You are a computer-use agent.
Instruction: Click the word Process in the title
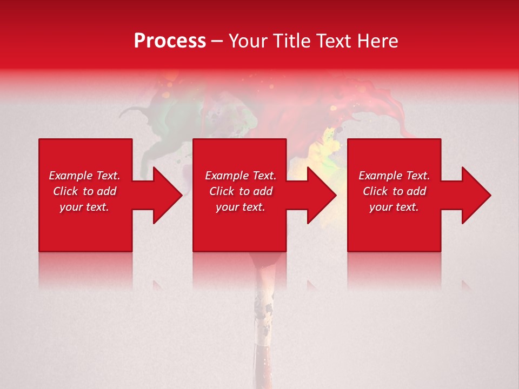(x=170, y=41)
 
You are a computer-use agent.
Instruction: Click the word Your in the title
(x=248, y=41)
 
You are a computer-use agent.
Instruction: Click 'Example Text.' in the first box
(x=84, y=176)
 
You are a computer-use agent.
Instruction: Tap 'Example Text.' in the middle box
(x=241, y=176)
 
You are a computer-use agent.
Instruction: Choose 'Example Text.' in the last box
(x=394, y=176)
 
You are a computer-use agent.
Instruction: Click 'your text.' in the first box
(x=84, y=207)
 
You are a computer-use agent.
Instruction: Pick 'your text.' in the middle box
(x=241, y=207)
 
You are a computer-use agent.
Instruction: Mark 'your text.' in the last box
(x=394, y=207)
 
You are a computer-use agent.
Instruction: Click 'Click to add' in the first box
(x=84, y=191)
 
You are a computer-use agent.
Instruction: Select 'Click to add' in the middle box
(x=241, y=191)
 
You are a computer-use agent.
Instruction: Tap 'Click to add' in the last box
(x=394, y=191)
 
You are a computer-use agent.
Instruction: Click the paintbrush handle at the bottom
(x=263, y=335)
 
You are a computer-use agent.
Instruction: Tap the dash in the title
(x=217, y=42)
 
